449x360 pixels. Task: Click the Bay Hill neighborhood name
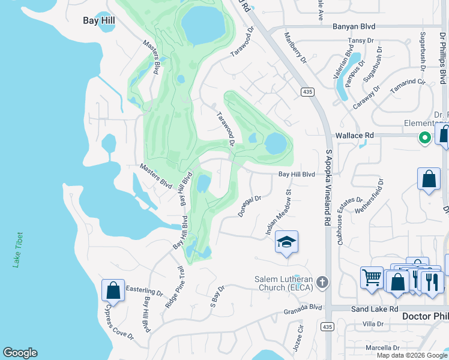click(98, 20)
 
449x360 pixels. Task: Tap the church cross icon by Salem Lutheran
click(322, 282)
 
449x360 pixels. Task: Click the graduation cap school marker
click(287, 242)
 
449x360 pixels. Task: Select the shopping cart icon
click(372, 277)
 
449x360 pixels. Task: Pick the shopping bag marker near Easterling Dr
click(113, 290)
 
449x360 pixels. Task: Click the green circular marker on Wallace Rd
click(425, 138)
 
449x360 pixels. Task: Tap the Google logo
click(20, 353)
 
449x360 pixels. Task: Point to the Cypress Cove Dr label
click(118, 325)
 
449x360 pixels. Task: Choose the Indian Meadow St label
click(278, 213)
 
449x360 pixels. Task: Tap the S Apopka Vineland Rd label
click(328, 187)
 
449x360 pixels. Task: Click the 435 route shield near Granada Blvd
click(326, 326)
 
